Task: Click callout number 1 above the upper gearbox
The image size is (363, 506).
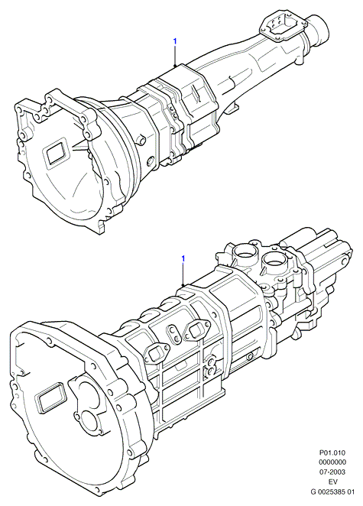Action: tap(175, 41)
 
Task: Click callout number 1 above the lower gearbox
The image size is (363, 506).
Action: tap(183, 259)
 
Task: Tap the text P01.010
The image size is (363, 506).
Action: tap(332, 452)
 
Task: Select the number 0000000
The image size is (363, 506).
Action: tap(332, 462)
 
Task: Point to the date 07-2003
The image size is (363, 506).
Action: tap(332, 472)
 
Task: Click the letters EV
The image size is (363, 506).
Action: tap(332, 482)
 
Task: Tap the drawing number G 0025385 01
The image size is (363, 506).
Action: tap(332, 491)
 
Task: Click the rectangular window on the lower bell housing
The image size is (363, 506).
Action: tap(51, 397)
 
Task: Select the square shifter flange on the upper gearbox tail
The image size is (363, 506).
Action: tap(280, 27)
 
